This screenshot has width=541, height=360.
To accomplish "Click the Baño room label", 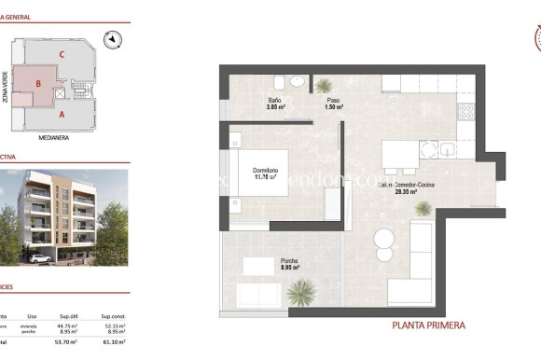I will coord(275,100).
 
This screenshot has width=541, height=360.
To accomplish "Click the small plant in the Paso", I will coord(323,86).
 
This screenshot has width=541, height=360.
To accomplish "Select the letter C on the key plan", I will coord(61,55).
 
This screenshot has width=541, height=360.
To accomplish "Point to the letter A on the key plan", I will coord(61,115).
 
